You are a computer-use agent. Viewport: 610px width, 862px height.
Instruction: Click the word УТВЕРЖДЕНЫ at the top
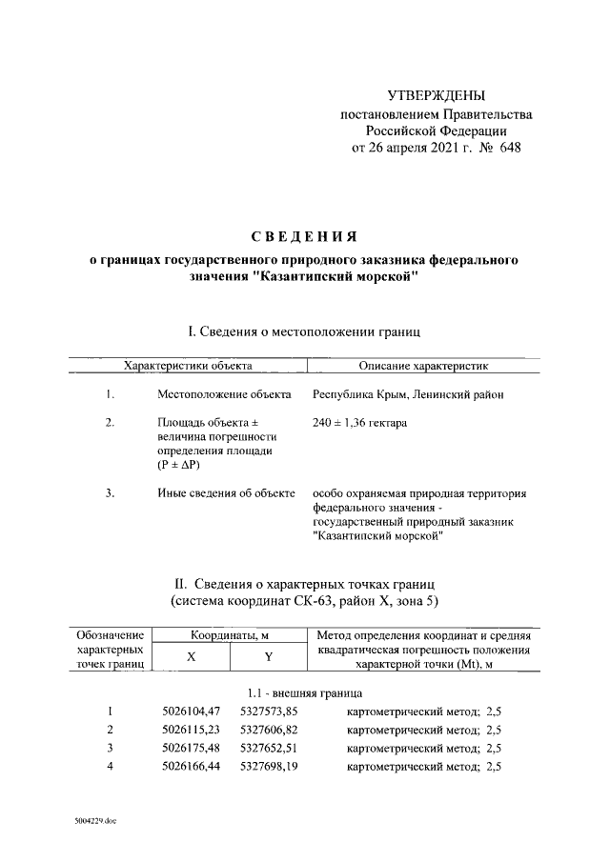pyautogui.click(x=437, y=96)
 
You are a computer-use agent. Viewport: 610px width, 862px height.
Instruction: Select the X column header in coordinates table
pyautogui.click(x=191, y=657)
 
